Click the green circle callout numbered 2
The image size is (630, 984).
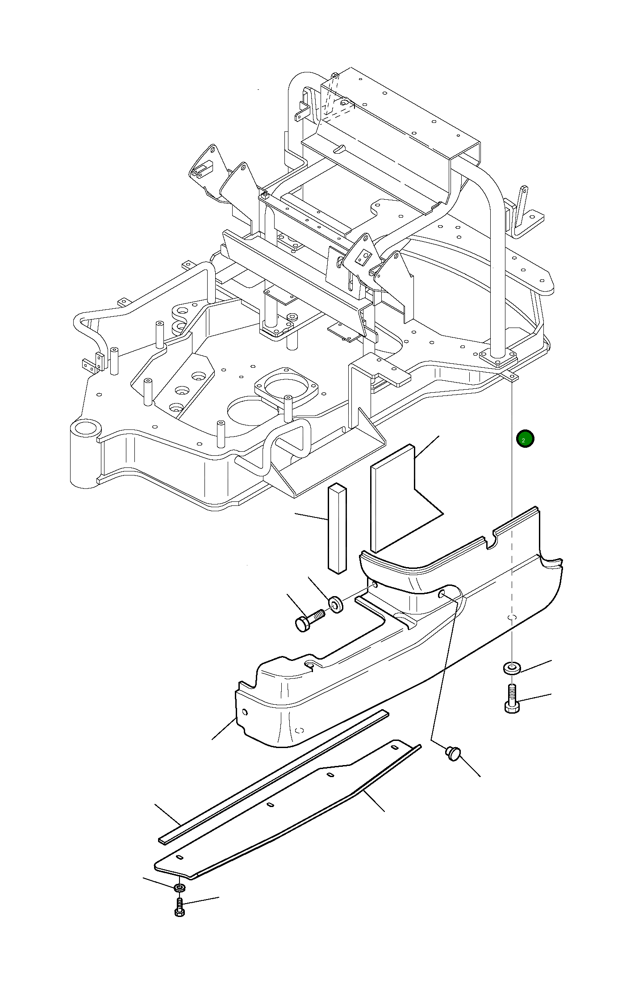pyautogui.click(x=525, y=439)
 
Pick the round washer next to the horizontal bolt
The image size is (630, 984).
pyautogui.click(x=336, y=604)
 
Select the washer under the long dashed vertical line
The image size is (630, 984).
pyautogui.click(x=512, y=669)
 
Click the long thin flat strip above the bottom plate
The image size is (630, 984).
pyautogui.click(x=272, y=778)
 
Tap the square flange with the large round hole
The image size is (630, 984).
pyautogui.click(x=286, y=387)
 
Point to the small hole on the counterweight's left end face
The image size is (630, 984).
pyautogui.click(x=244, y=711)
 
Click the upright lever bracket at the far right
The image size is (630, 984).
pyautogui.click(x=522, y=206)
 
